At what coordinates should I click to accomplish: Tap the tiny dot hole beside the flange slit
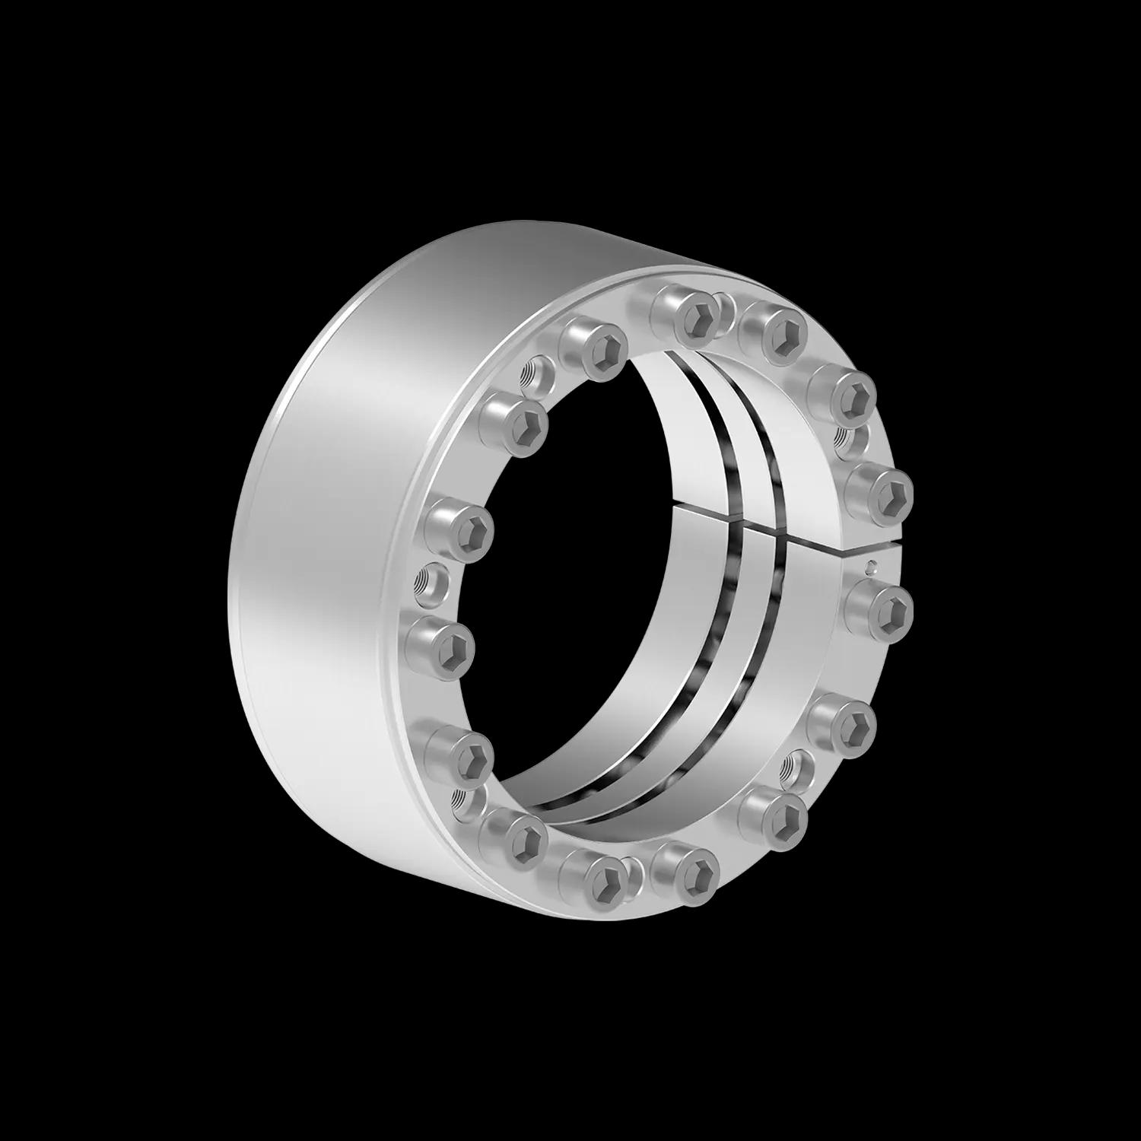click(x=873, y=565)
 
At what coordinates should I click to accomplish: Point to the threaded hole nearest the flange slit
click(x=849, y=439)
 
